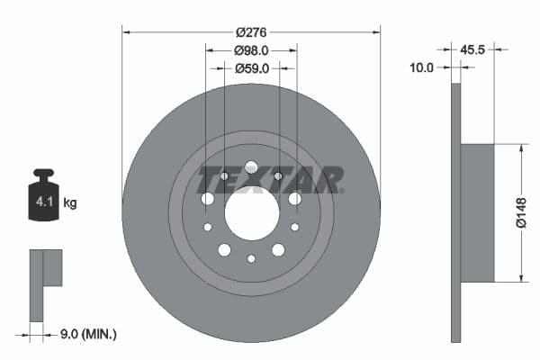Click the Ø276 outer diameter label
251,31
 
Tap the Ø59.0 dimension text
251,67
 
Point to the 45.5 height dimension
472,49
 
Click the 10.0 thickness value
422,67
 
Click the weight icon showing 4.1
42,200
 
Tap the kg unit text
70,203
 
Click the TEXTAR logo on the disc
269,180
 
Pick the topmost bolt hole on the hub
251,167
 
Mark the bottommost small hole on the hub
251,259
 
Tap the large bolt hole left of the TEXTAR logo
208,198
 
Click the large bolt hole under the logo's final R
294,198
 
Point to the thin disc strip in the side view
455,212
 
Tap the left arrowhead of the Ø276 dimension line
126,31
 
